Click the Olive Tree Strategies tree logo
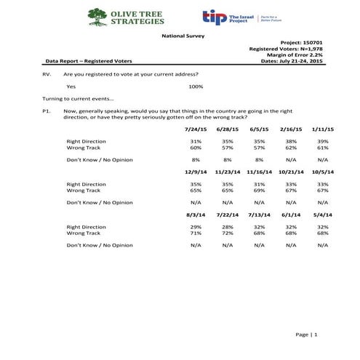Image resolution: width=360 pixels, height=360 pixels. point(97,17)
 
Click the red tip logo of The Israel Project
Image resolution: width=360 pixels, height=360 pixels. point(212,17)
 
